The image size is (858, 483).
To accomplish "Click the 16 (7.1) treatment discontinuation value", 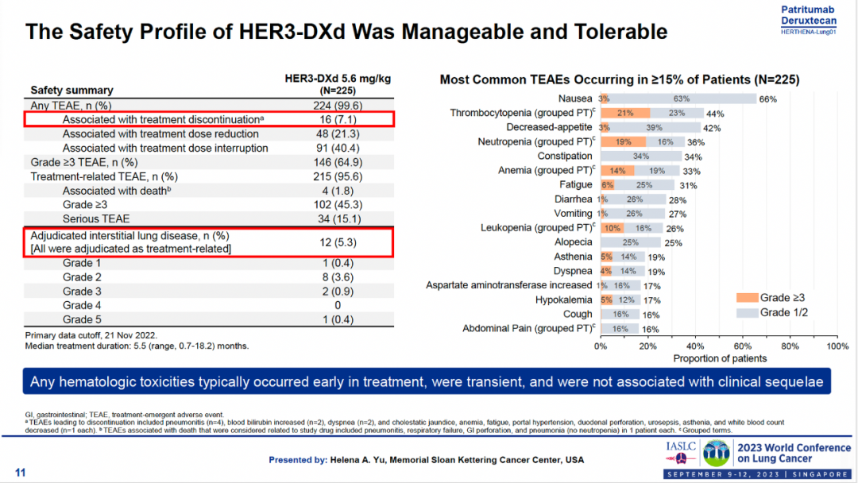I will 338,119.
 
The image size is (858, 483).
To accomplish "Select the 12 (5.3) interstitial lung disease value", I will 338,241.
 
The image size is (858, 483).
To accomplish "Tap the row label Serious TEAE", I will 96,218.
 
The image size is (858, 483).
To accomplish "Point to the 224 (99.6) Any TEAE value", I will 338,105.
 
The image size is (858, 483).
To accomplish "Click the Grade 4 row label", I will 83,305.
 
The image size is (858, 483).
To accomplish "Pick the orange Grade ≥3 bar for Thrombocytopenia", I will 625,113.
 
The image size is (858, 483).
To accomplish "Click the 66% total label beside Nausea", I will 767,99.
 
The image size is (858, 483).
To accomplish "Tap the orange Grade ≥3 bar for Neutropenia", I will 623,141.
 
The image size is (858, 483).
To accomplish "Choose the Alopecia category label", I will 574,241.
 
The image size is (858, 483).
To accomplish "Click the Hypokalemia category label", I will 564,299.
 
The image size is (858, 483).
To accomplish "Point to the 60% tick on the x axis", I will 743,346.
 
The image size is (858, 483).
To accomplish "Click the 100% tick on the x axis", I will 837,346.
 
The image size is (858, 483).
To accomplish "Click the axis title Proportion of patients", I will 720,358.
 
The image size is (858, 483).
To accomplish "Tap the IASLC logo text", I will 681,446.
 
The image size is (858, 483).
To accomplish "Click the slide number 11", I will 21,473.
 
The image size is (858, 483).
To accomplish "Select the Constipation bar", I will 641,156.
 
